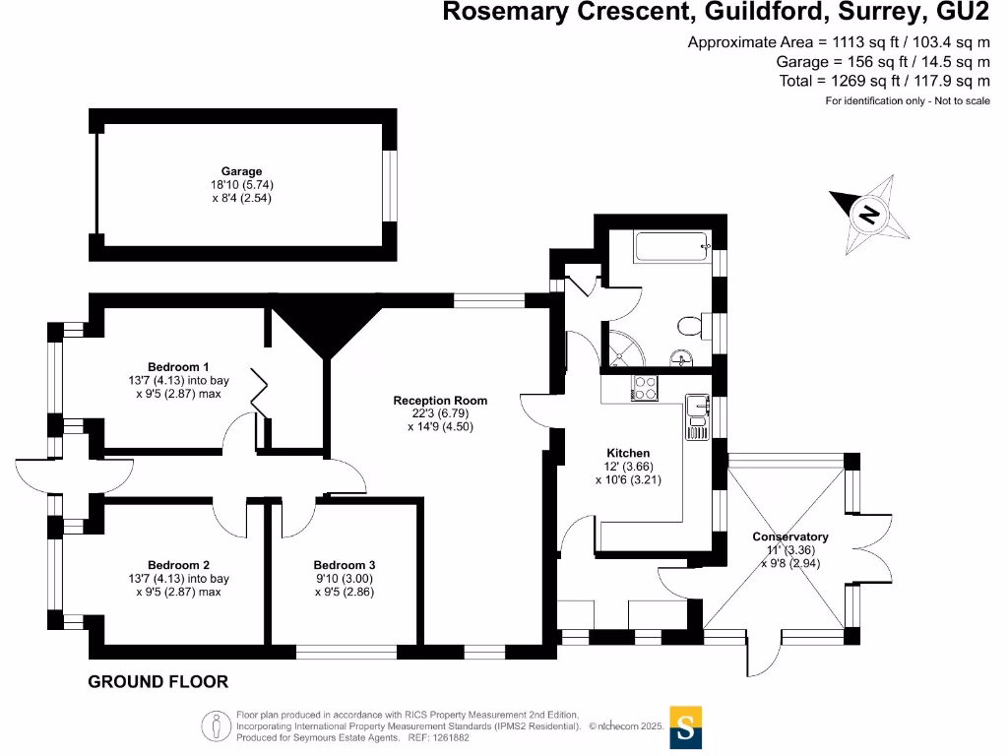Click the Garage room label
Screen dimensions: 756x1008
pyautogui.click(x=241, y=171)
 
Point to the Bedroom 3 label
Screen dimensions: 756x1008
pyautogui.click(x=344, y=565)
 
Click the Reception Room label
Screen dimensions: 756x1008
pyautogui.click(x=440, y=401)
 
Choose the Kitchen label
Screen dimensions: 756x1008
pyautogui.click(x=628, y=453)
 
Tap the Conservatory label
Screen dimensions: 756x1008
pyautogui.click(x=790, y=536)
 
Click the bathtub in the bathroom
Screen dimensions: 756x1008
pyautogui.click(x=672, y=247)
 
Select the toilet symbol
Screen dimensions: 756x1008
pyautogui.click(x=689, y=324)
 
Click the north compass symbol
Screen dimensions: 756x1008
pyautogui.click(x=867, y=212)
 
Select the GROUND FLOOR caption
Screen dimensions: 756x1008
pyautogui.click(x=157, y=681)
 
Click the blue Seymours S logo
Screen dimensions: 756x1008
pyautogui.click(x=685, y=727)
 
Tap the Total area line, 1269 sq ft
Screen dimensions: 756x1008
pyautogui.click(x=884, y=81)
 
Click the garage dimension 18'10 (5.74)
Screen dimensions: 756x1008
pyautogui.click(x=241, y=184)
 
